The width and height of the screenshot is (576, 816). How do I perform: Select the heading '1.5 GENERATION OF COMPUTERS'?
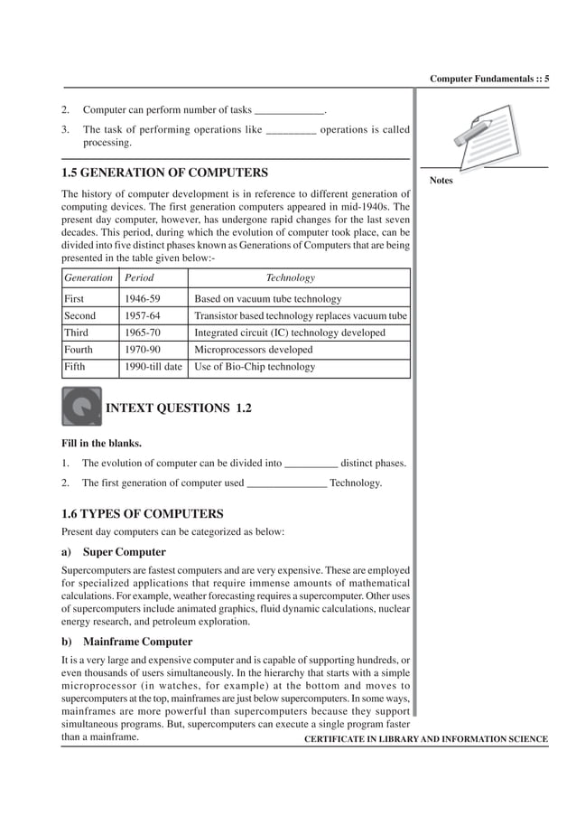pos(164,172)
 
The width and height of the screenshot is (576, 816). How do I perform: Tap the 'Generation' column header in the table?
pos(88,278)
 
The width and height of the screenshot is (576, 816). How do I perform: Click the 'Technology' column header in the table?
pos(290,278)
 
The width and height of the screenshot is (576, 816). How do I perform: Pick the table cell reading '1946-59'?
pos(139,299)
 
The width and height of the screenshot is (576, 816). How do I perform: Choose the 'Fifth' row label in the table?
pos(74,367)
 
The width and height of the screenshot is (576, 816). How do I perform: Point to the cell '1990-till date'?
pos(153,367)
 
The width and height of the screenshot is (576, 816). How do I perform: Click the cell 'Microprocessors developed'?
pos(254,350)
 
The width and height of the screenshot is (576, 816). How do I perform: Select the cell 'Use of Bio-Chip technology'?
pos(255,367)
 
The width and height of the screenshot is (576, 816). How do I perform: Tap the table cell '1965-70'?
pos(139,333)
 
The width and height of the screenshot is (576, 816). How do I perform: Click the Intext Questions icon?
pos(81,407)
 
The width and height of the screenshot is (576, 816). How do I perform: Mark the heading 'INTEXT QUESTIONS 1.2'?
pos(179,408)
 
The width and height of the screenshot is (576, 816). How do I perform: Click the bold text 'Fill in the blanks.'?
pos(101,444)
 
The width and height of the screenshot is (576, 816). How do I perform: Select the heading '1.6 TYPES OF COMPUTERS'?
pos(142,513)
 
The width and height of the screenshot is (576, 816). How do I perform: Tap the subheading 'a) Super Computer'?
pos(114,551)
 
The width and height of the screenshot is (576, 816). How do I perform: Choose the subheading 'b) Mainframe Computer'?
pos(126,642)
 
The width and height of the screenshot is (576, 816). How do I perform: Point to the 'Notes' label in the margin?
pos(441,181)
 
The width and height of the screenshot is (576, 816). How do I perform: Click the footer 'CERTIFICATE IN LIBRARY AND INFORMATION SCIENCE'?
pos(426,739)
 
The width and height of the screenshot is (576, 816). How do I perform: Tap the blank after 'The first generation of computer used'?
pos(286,484)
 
